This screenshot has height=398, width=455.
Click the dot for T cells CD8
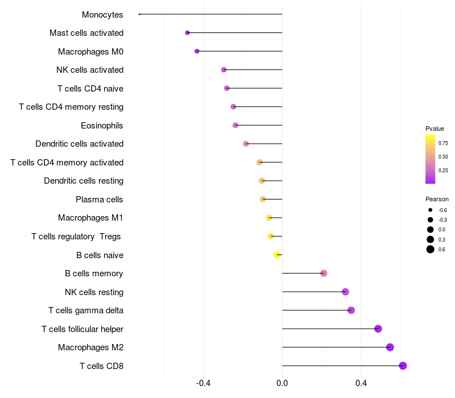tap(403, 366)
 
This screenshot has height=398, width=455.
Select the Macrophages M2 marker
tap(390, 347)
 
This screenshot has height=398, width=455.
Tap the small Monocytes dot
tap(139, 14)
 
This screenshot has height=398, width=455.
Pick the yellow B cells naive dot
tap(277, 255)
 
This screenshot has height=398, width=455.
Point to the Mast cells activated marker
tap(187, 33)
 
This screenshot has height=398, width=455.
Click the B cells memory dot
tap(324, 273)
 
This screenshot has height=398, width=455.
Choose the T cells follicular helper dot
tap(378, 329)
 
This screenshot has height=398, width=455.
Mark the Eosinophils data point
tap(235, 125)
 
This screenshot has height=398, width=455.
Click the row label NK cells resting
tap(94, 292)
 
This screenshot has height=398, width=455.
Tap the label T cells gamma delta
tap(86, 310)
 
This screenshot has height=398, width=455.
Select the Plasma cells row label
tap(100, 200)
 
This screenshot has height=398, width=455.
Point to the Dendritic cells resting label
tap(84, 181)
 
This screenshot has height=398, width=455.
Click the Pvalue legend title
tap(435, 128)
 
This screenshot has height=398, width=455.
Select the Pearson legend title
tap(437, 199)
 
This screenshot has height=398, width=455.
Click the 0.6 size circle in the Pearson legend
tap(431, 249)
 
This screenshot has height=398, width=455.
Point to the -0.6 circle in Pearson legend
tap(431, 210)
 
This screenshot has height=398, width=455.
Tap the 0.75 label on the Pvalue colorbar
tap(443, 143)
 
